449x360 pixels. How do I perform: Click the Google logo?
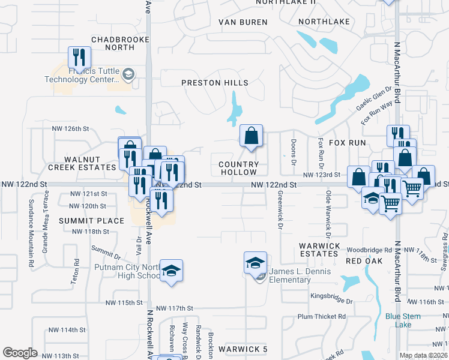tap(20, 353)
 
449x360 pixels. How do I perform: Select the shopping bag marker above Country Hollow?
tap(251, 136)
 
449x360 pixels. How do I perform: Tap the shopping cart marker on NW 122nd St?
tap(412, 188)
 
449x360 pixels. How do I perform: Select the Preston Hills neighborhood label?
tap(215, 82)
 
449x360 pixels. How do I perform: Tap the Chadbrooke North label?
tap(112, 43)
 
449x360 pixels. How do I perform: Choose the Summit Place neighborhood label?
tap(91, 221)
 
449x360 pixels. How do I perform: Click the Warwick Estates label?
tap(319, 250)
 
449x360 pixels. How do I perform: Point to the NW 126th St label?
tap(70, 128)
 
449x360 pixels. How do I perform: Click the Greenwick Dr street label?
tap(280, 210)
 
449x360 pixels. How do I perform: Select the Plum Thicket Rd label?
tap(322, 316)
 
